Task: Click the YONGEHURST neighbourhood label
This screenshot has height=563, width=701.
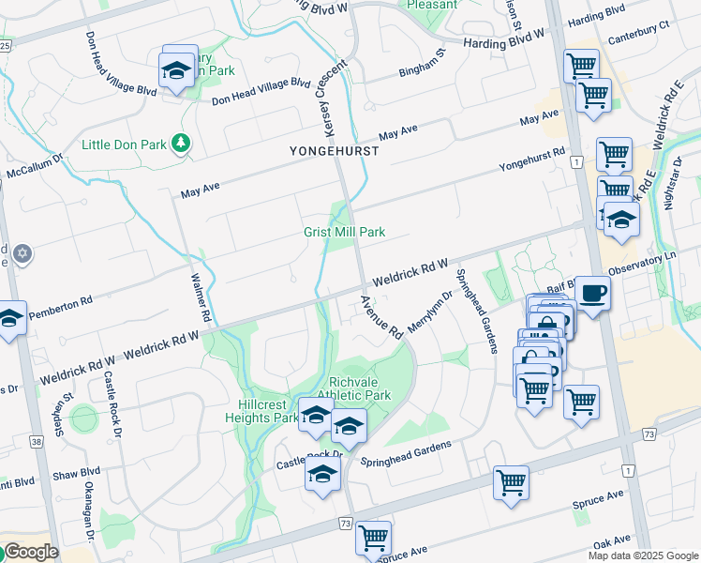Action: coord(335,151)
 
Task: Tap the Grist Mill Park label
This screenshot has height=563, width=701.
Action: coord(344,232)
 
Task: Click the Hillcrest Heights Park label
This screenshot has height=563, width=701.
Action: coord(261,411)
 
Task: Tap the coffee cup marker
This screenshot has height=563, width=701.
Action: coord(592,294)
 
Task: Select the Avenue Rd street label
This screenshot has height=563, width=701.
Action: coord(381,317)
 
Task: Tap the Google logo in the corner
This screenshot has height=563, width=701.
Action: coord(31,552)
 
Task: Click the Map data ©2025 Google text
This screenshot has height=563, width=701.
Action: coord(642,555)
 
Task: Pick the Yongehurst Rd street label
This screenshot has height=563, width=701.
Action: coord(531,159)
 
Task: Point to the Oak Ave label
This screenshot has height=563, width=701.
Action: coord(611,540)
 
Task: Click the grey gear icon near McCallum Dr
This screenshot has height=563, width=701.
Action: coord(22,253)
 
